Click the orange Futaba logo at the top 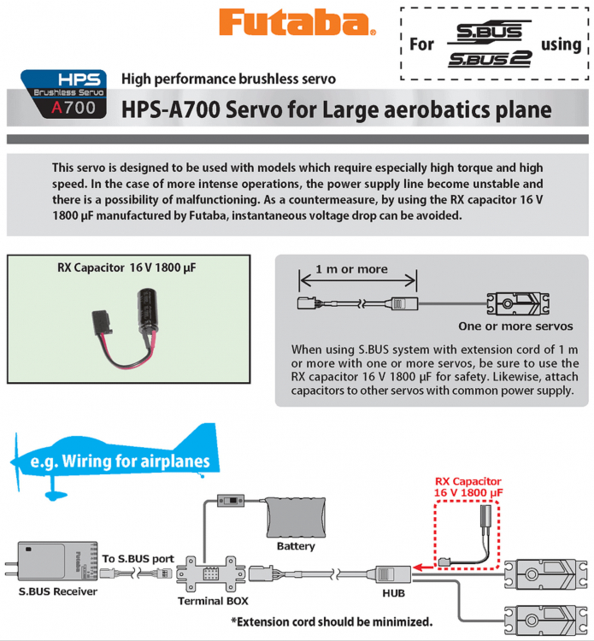coord(297,23)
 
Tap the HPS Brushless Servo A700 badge coord(64,94)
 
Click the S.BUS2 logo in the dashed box coord(490,59)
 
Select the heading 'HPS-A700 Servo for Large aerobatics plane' coord(336,109)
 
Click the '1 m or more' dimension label coord(351,268)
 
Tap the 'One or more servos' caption coord(515,326)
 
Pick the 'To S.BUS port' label coord(138,559)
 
